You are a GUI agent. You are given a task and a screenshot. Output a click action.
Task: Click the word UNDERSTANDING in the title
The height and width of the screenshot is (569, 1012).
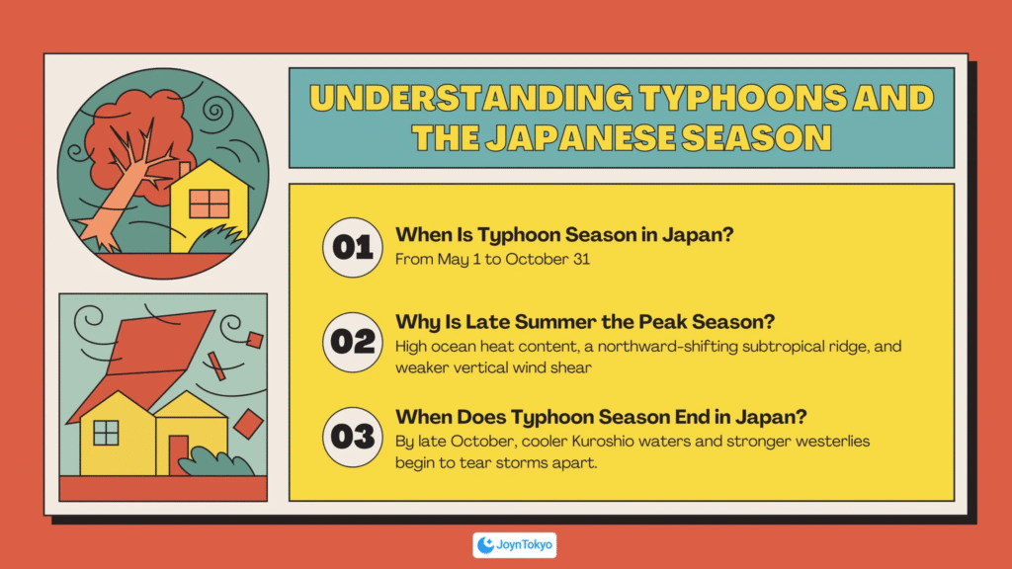pos(471,98)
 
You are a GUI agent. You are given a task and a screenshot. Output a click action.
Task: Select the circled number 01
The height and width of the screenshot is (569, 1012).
pos(353,248)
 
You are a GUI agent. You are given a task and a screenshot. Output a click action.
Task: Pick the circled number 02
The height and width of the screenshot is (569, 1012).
pos(353,342)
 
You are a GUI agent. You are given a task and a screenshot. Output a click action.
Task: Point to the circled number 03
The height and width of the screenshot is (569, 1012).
pos(353,437)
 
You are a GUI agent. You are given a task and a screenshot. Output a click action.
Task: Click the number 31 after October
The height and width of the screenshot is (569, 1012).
pos(581,260)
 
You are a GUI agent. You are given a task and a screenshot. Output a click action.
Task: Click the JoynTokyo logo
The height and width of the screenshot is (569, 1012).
pos(514,545)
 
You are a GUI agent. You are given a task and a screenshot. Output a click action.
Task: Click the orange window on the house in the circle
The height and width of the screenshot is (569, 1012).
pos(210,203)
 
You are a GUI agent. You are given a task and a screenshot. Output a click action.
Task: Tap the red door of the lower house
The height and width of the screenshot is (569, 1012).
pos(177,454)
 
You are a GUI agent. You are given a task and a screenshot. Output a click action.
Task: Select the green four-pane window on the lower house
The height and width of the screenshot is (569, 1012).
pos(106,433)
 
